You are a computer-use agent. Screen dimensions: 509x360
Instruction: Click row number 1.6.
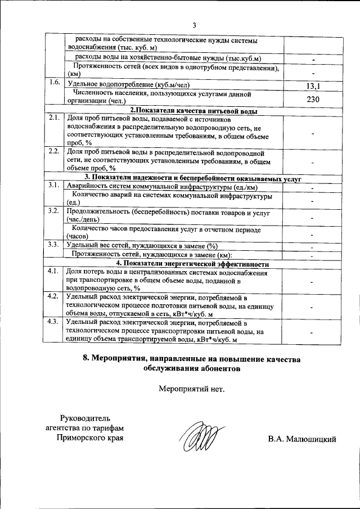[55, 83]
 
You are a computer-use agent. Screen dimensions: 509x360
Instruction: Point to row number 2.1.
[55, 118]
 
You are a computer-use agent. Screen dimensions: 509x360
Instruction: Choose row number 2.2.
[55, 151]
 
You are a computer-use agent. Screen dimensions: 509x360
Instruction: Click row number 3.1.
[55, 185]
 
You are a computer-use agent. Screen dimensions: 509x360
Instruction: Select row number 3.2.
[55, 210]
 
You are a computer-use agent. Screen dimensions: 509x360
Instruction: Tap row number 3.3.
[55, 244]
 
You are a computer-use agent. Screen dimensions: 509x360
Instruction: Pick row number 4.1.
[55, 271]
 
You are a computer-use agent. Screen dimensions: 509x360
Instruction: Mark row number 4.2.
[55, 296]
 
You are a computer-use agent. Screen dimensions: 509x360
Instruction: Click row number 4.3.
[55, 321]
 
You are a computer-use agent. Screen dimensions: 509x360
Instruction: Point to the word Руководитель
[89, 417]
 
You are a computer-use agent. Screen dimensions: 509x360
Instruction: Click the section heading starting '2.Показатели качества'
[193, 111]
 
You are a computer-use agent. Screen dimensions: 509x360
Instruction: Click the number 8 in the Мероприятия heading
[85, 359]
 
